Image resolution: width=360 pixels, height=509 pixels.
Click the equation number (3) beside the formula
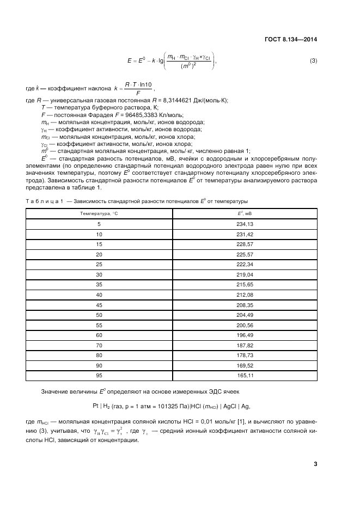(313, 60)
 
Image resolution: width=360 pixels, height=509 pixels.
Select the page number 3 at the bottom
(315, 464)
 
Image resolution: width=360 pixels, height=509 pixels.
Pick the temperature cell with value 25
(99, 263)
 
